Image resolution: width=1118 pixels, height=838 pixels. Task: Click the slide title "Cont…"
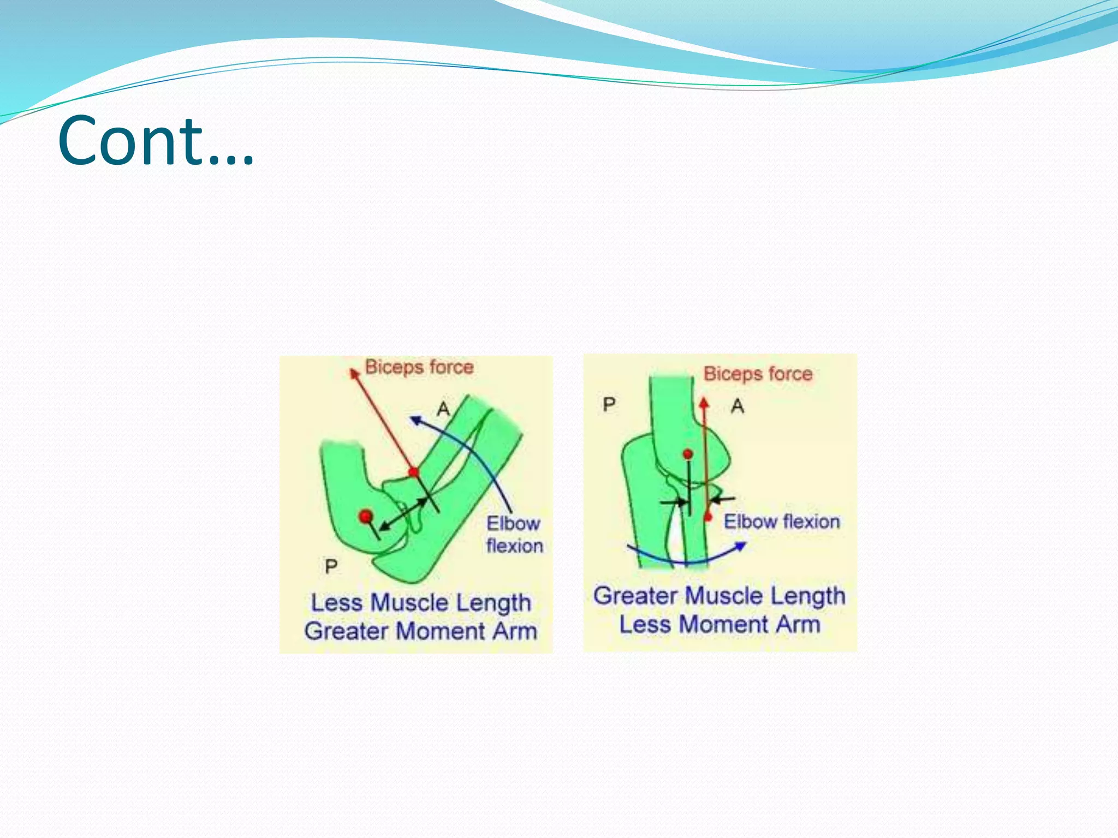pos(156,141)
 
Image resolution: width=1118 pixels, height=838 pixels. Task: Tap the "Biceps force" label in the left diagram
pos(419,367)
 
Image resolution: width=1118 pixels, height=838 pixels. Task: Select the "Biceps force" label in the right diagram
pos(758,374)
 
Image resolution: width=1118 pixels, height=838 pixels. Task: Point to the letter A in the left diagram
pos(444,409)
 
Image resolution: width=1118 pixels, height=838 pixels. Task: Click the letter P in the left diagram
pos(331,567)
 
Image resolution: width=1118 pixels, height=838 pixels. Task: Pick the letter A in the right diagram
pos(738,406)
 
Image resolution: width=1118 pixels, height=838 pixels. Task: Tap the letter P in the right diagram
pos(609,405)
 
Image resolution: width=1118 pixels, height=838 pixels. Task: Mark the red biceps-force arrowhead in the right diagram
pos(704,403)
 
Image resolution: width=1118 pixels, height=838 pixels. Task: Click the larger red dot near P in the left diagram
pos(366,516)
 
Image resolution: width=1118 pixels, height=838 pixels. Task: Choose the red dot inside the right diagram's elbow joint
pos(688,454)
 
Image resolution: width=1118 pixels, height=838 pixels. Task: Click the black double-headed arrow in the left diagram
pos(403,514)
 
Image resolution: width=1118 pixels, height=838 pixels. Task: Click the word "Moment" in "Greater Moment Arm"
pos(441,631)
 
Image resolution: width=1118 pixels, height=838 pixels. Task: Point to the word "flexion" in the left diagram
pos(515,546)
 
